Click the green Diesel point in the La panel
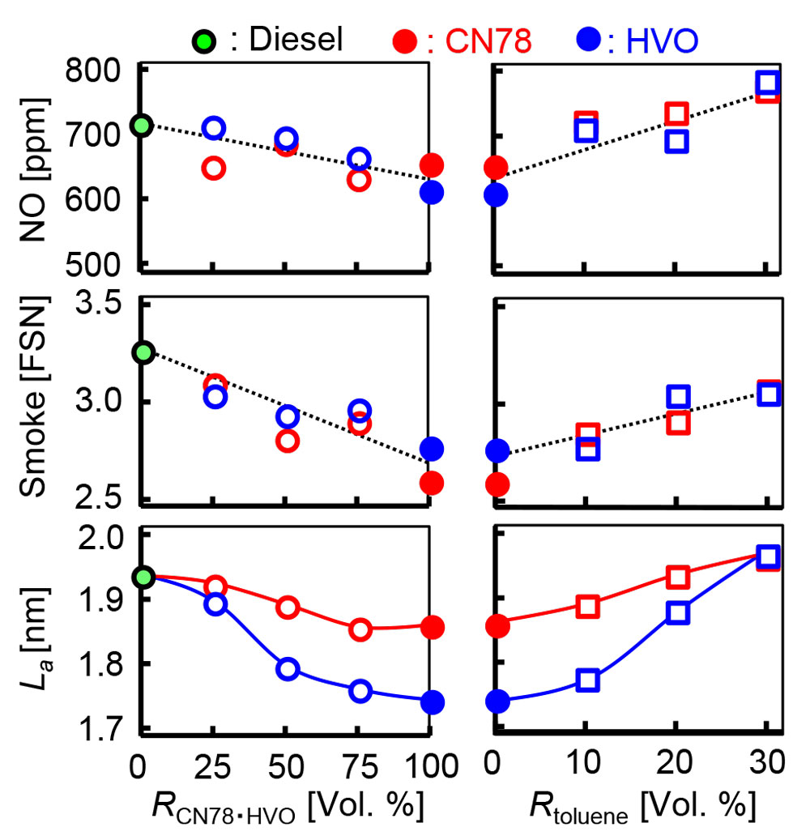143,577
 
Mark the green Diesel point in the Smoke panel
143,352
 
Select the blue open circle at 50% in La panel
288,669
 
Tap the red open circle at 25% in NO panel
214,168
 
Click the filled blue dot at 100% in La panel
432,701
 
